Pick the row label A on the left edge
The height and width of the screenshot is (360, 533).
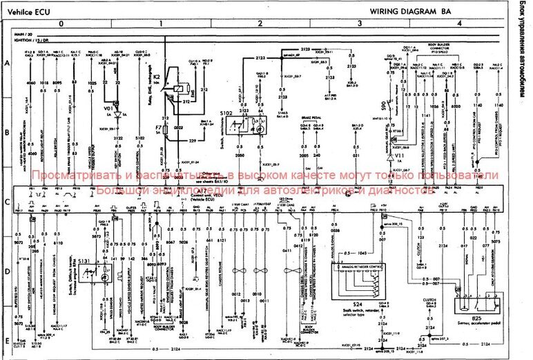[x=6, y=64]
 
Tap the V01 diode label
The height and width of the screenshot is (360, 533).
[x=108, y=108]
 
